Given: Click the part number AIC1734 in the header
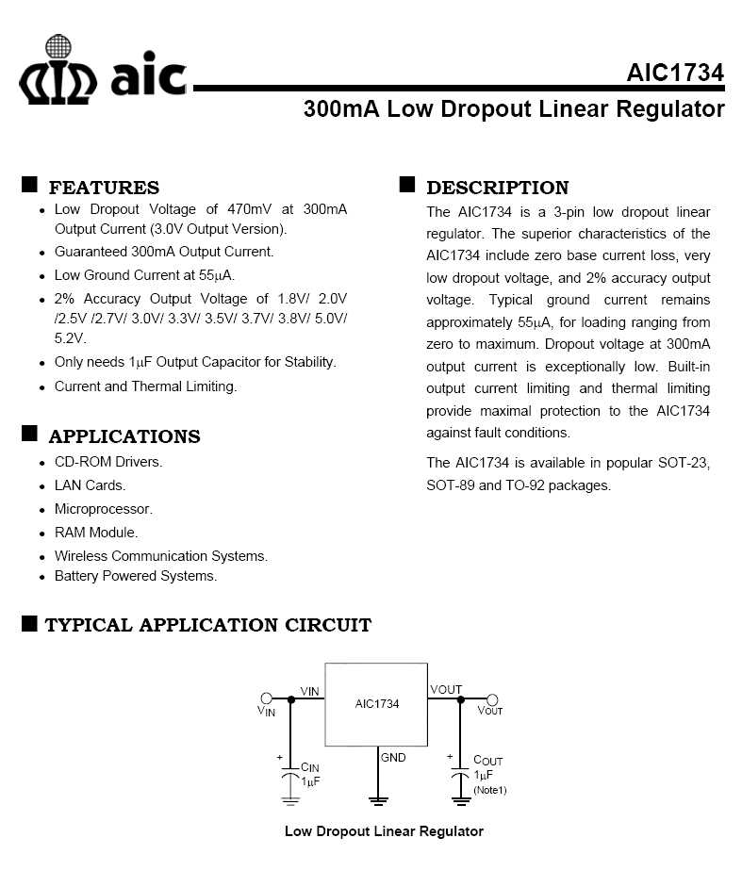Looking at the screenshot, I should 675,74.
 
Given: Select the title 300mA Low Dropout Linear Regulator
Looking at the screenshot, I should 514,109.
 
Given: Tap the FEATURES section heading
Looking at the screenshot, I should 104,188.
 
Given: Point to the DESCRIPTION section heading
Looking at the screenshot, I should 497,188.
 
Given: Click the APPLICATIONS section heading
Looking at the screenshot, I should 124,436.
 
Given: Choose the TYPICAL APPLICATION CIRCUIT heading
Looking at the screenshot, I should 207,625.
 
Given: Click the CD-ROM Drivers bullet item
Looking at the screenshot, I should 108,462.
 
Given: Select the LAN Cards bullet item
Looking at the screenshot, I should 90,485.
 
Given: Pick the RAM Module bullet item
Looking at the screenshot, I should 96,533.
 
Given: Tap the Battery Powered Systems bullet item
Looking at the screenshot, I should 136,576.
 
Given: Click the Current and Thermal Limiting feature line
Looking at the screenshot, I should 146,386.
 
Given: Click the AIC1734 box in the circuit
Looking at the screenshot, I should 376,704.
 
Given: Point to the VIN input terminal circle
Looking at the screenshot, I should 267,698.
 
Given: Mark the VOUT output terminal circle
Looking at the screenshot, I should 491,698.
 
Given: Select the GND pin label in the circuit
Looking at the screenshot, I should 393,757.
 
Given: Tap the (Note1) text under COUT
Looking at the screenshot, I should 489,790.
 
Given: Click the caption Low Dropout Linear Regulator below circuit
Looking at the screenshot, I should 384,831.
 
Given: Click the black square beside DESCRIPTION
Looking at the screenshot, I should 407,184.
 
